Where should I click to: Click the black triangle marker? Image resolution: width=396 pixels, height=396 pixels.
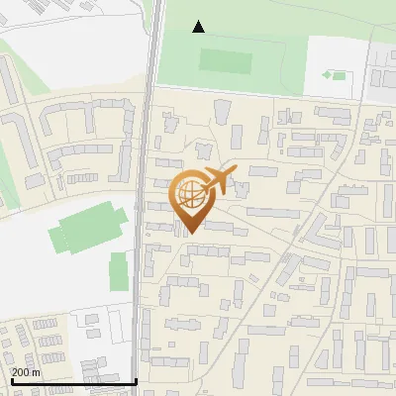pos(199,27)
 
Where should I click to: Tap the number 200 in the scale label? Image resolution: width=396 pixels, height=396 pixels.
pos(22,372)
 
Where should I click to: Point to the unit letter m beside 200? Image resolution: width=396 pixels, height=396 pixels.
pos(37,372)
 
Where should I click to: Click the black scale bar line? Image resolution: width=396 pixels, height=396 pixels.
pos(73,381)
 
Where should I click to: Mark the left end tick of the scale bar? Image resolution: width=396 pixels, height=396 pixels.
pos(11,379)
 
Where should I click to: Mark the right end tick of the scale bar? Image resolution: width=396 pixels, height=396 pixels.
pos(136,379)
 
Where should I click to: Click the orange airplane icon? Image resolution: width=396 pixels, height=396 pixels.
pos(220,180)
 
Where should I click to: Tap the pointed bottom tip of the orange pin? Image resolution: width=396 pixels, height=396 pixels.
pos(188,234)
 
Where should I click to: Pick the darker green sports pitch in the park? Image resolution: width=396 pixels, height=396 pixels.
pos(227,59)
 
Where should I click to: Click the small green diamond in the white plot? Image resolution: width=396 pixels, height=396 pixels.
pos(328,75)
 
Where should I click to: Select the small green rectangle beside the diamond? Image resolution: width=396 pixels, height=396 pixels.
pos(339,75)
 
